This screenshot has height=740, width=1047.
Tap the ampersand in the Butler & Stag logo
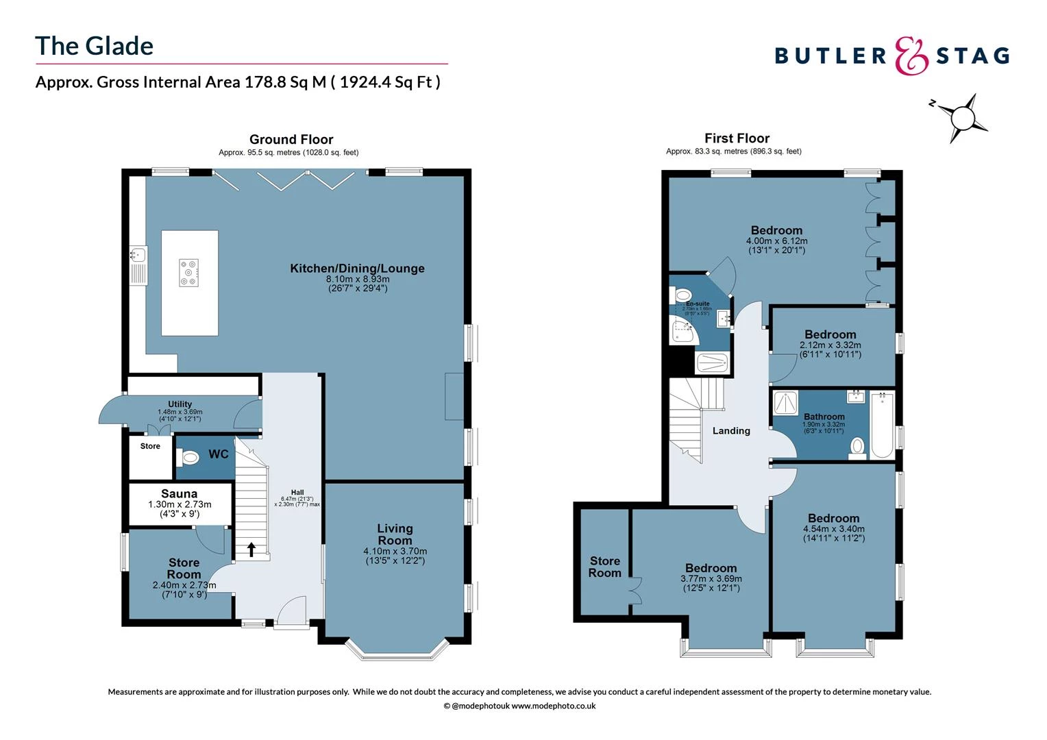[911, 56]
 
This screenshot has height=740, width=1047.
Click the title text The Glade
[95, 46]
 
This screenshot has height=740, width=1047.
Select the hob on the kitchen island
[188, 272]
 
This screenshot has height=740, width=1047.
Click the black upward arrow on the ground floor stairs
[251, 549]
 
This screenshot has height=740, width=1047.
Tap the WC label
[218, 454]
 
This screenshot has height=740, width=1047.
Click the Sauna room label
[180, 493]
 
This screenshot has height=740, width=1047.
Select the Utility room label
[180, 404]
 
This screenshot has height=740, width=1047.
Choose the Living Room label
[395, 534]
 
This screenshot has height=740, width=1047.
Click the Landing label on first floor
[731, 431]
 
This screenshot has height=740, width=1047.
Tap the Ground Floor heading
[291, 139]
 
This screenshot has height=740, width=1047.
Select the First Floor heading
[737, 138]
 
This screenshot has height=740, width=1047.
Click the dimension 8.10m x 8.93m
[358, 279]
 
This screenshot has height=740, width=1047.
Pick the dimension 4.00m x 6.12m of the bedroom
[776, 241]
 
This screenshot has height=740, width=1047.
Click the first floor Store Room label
[604, 567]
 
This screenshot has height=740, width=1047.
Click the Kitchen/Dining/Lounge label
[357, 268]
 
